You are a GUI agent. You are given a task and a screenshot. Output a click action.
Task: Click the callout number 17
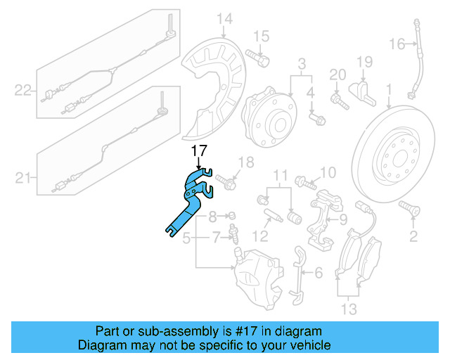(198, 150)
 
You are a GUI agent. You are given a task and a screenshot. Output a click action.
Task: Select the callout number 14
(224, 18)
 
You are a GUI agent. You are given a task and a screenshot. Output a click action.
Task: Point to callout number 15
(261, 36)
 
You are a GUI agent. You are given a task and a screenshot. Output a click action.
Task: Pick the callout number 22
(23, 90)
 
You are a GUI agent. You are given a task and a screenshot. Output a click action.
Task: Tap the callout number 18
(244, 163)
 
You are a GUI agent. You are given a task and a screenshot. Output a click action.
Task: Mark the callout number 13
(347, 308)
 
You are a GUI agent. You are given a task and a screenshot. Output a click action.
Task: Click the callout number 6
(318, 273)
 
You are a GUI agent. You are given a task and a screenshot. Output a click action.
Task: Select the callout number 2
(413, 236)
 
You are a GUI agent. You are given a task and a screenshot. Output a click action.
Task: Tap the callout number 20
(338, 75)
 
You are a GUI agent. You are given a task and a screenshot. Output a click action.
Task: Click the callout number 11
(281, 174)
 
